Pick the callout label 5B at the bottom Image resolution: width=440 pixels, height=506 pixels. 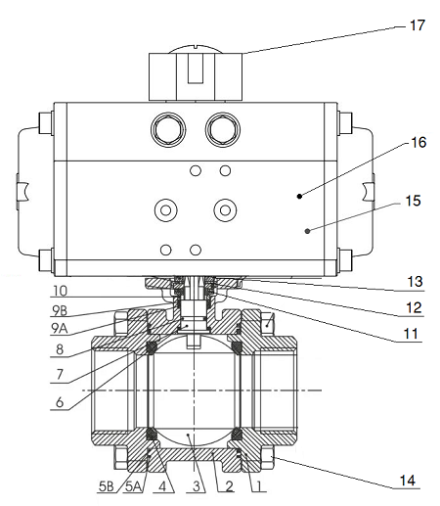pos(106,485)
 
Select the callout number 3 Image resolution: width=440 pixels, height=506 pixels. pos(197,485)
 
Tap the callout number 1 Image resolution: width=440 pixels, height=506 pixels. pos(259,485)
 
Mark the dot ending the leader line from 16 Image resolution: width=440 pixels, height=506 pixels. pos(300,195)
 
